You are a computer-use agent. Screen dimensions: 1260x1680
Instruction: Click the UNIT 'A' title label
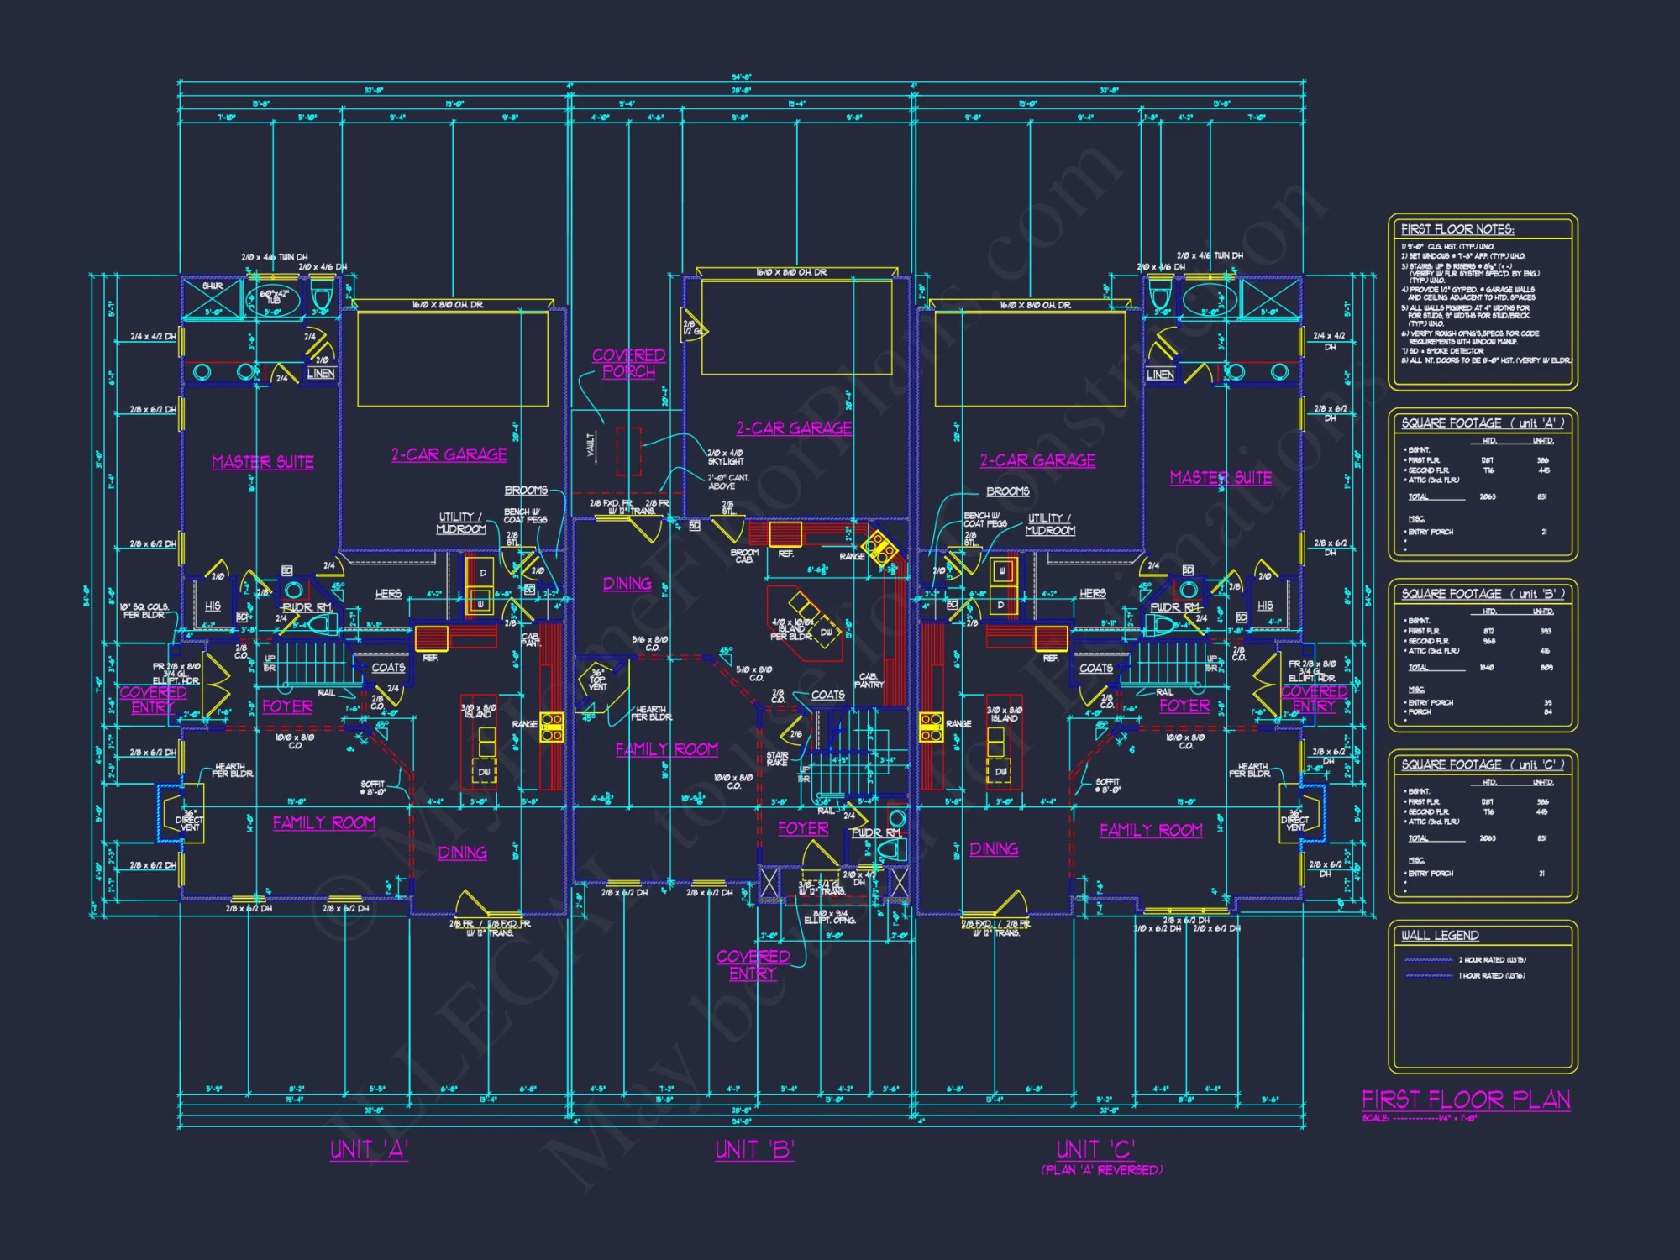coord(369,1149)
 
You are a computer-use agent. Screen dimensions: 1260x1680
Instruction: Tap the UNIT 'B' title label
coord(754,1149)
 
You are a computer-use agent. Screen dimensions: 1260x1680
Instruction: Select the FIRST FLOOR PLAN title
coord(1466,1100)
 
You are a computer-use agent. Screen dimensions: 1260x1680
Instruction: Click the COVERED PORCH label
coord(628,363)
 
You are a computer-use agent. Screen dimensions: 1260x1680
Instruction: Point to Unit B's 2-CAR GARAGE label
coord(794,428)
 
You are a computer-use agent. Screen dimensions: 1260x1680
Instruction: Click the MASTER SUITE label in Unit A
coord(263,462)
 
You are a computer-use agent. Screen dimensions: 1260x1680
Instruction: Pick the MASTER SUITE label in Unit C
coord(1221,478)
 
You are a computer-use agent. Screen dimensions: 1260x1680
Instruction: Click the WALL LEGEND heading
coord(1440,936)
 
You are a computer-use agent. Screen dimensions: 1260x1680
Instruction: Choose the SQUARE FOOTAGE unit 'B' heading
coord(1483,594)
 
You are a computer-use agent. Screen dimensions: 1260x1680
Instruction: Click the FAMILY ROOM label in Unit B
coord(666,749)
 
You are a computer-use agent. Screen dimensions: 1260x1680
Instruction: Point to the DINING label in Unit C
coord(994,849)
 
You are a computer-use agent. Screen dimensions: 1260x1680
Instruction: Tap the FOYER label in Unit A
coord(287,706)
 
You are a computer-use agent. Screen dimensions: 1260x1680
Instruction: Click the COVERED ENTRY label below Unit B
coord(753,964)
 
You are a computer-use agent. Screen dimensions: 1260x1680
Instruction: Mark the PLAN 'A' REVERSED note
coord(1101,1170)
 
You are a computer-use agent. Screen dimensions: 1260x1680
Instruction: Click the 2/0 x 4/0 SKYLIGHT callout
coord(725,457)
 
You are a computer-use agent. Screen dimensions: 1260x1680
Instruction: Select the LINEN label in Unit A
coord(321,373)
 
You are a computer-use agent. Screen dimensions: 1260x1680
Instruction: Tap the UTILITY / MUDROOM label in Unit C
coord(1049,524)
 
